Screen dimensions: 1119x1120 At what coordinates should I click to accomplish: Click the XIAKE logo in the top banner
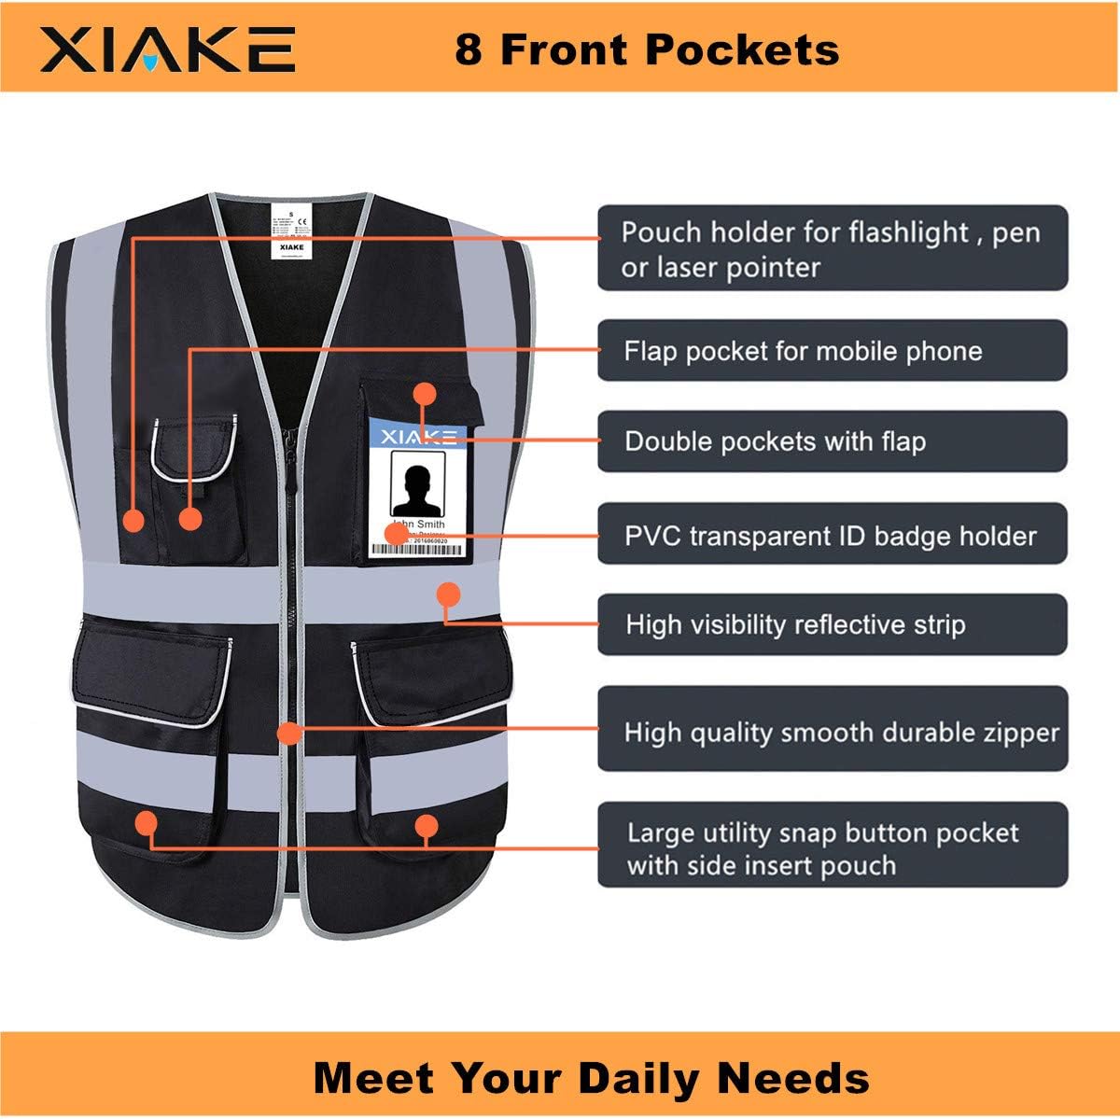[x=168, y=49]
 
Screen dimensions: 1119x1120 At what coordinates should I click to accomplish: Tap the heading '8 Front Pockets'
[x=647, y=49]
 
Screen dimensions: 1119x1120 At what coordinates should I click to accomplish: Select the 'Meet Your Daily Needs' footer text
[x=592, y=1077]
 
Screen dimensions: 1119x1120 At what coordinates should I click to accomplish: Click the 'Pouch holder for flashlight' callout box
[x=832, y=249]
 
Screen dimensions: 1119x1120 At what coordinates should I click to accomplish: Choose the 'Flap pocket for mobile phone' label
[x=832, y=351]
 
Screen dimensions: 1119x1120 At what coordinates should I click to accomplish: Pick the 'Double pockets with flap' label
[x=832, y=441]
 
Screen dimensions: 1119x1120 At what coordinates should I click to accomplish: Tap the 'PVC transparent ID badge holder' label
[x=832, y=536]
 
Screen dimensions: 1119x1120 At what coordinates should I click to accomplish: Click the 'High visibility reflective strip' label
[x=832, y=624]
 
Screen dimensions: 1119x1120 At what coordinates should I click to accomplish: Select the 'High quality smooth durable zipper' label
[x=832, y=732]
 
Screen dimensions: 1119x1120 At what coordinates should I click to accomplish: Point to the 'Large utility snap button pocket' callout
[x=832, y=847]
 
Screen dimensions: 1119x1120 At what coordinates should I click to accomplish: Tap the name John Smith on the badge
[x=419, y=524]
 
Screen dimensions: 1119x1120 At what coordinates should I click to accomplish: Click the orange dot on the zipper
[x=289, y=734]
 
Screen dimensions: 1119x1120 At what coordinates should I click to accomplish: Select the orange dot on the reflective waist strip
[x=449, y=594]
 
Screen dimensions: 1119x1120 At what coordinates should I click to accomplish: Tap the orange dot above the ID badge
[x=425, y=393]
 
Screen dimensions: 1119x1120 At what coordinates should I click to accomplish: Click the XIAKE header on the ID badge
[x=419, y=436]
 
